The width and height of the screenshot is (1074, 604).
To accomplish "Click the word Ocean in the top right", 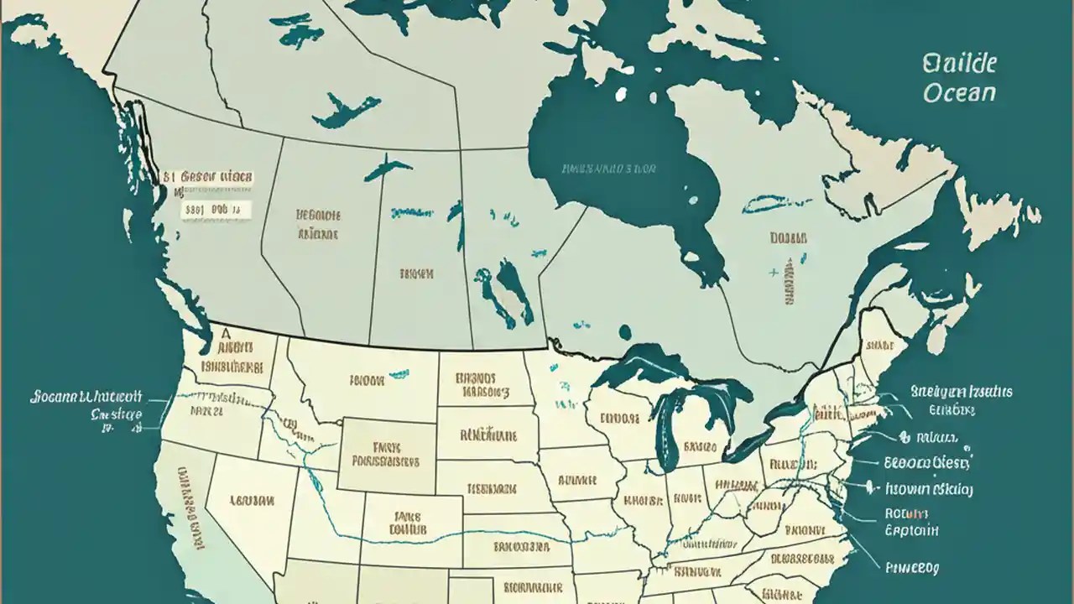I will [959, 92].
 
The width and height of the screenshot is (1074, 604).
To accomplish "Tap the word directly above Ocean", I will [959, 64].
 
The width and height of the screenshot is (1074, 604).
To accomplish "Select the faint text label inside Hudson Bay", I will [608, 169].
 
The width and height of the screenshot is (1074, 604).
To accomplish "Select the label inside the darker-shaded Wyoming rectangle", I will [387, 454].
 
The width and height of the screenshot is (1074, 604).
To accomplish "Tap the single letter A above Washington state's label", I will [224, 331].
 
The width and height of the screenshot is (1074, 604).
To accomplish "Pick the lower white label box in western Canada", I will [215, 210].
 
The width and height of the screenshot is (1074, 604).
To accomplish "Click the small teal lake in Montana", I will [394, 374].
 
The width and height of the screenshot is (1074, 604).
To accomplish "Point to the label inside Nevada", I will [251, 501].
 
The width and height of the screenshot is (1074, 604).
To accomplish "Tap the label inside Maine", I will [879, 345].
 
